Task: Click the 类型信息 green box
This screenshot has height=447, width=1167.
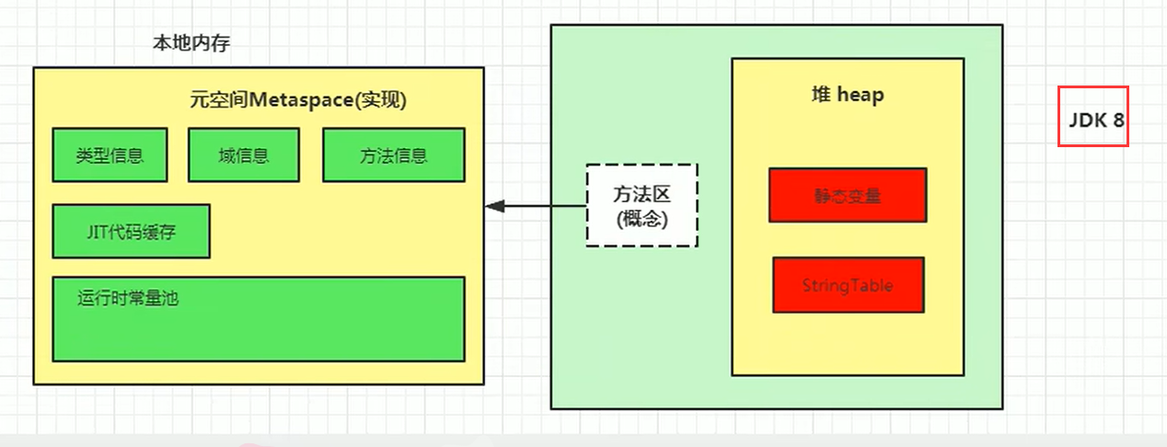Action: (x=110, y=155)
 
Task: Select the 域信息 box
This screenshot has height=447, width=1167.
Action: (x=244, y=155)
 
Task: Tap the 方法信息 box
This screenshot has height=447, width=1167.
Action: (x=393, y=155)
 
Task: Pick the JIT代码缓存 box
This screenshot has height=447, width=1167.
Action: (x=131, y=232)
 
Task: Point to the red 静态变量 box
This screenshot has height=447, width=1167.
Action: (x=847, y=195)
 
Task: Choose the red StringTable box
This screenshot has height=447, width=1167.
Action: (x=847, y=284)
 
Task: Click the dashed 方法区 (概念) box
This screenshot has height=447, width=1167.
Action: (x=642, y=206)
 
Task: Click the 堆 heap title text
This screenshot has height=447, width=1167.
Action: (x=847, y=95)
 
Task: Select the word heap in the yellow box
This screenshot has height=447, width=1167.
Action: (x=861, y=95)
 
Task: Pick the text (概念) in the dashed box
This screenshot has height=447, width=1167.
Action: (x=642, y=220)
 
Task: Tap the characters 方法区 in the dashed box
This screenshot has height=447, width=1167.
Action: (x=642, y=194)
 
